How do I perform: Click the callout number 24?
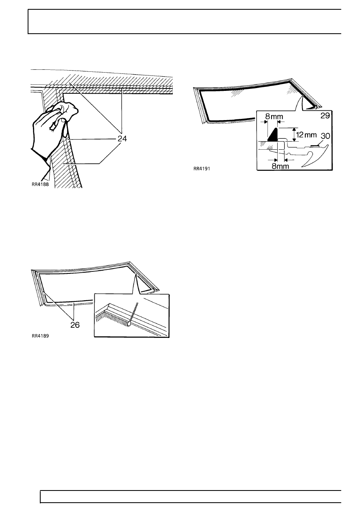point(122,138)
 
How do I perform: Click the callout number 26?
point(75,325)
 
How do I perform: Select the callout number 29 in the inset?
point(325,116)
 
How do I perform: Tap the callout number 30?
point(325,136)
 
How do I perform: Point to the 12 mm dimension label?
point(306,134)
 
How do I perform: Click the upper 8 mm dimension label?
point(274,116)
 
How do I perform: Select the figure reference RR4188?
point(40,184)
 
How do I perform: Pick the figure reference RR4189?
point(40,336)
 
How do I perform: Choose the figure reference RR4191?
point(202,169)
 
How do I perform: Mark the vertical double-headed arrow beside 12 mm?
point(294,135)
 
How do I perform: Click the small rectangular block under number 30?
point(315,146)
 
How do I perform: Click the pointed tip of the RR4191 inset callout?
point(302,96)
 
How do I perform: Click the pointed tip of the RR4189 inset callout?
point(136,275)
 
